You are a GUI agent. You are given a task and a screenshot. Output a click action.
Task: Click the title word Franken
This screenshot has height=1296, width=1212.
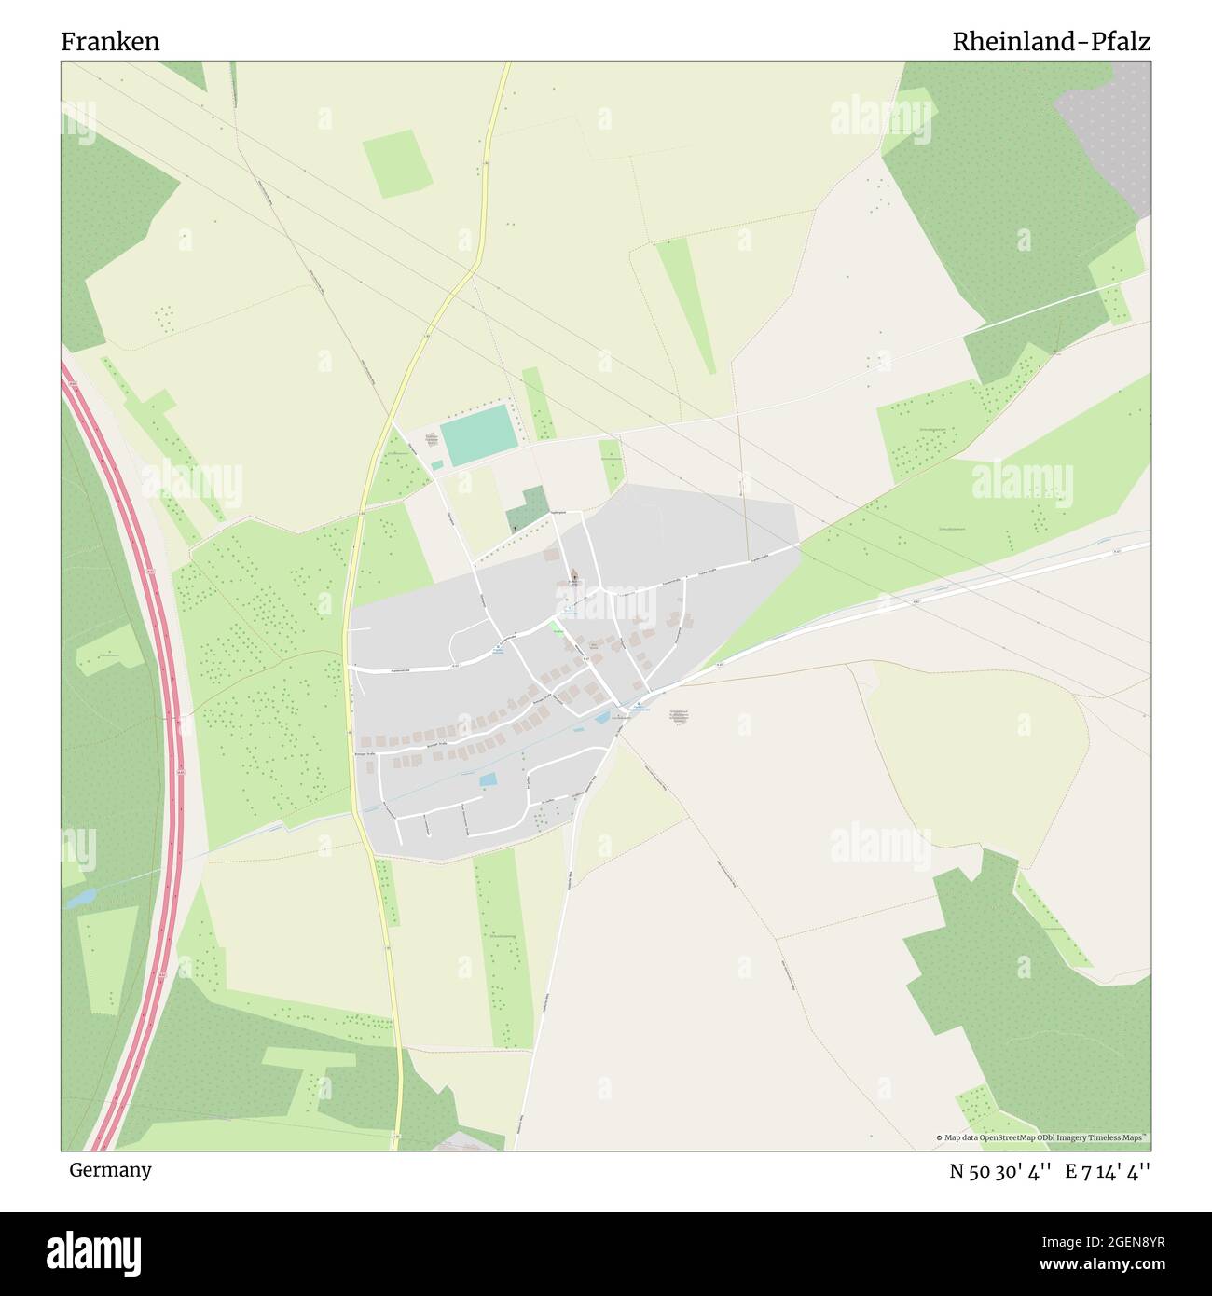coord(110,42)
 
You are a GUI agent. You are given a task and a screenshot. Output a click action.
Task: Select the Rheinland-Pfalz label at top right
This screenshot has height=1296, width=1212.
coord(1051,42)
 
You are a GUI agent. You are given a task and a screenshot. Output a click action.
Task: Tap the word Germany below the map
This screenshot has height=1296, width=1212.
coord(110,1170)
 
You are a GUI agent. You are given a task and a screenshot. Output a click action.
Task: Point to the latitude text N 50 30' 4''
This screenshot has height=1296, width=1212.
coord(1000,1171)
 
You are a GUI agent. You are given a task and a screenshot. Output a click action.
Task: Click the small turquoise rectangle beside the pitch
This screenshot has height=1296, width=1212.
coord(436,464)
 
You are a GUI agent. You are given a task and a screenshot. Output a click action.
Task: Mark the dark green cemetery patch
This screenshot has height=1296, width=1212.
coord(528,510)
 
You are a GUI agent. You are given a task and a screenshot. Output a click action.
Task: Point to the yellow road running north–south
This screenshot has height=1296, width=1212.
coord(359,522)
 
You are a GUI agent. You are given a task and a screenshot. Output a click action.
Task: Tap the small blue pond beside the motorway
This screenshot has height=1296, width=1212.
coord(80,898)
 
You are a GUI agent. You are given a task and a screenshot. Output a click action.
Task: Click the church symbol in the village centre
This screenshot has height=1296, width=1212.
coord(572,575)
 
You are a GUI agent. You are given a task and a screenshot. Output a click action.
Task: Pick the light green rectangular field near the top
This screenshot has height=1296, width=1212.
coord(398,163)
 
